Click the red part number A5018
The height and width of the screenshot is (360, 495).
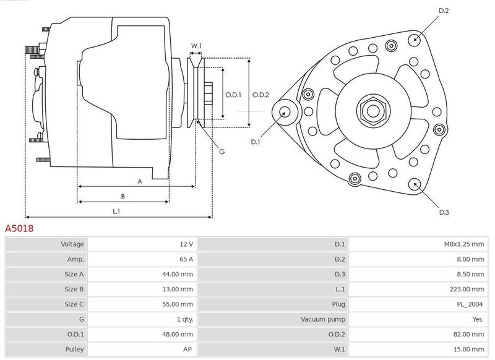(x=19, y=228)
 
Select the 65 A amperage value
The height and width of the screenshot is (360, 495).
(x=186, y=259)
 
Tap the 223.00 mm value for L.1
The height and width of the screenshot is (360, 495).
(x=467, y=289)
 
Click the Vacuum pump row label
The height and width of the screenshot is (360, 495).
(x=322, y=319)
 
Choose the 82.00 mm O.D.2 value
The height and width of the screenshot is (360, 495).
(x=468, y=334)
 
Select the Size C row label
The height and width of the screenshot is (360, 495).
(x=74, y=304)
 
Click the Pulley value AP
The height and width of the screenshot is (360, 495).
(x=187, y=349)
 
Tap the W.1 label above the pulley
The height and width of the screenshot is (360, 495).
(x=196, y=46)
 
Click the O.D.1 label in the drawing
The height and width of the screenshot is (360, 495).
(x=233, y=95)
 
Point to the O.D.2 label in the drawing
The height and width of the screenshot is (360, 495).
(x=260, y=95)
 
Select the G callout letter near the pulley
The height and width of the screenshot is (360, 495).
(x=222, y=152)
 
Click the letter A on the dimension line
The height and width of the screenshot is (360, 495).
(x=140, y=181)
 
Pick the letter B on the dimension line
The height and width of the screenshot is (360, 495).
(x=123, y=196)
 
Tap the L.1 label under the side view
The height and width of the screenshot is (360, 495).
(x=116, y=211)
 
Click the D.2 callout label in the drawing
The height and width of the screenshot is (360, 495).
(x=444, y=11)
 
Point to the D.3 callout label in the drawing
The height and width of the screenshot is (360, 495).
(x=444, y=212)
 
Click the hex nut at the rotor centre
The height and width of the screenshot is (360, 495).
(x=374, y=111)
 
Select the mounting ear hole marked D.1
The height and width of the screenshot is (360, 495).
(x=285, y=112)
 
